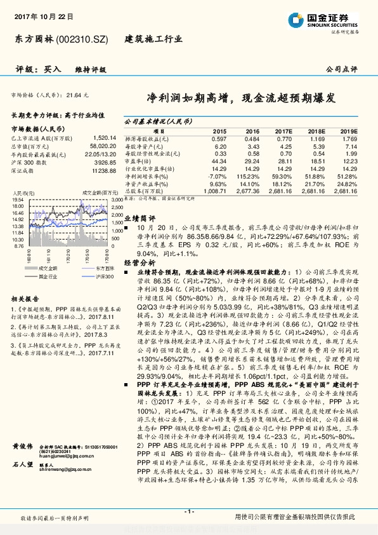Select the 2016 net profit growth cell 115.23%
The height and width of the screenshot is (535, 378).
tap(248, 175)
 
